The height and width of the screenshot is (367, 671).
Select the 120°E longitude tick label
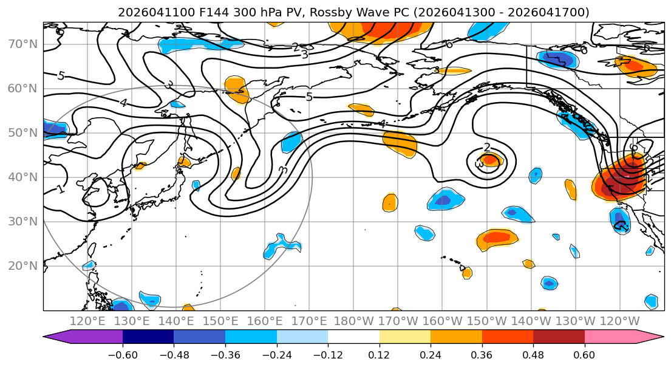coord(87,321)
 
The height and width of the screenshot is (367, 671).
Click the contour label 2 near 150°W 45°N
coord(487,148)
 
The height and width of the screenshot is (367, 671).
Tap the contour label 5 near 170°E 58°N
coord(308,97)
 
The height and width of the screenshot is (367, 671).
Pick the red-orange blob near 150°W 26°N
coord(498,238)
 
